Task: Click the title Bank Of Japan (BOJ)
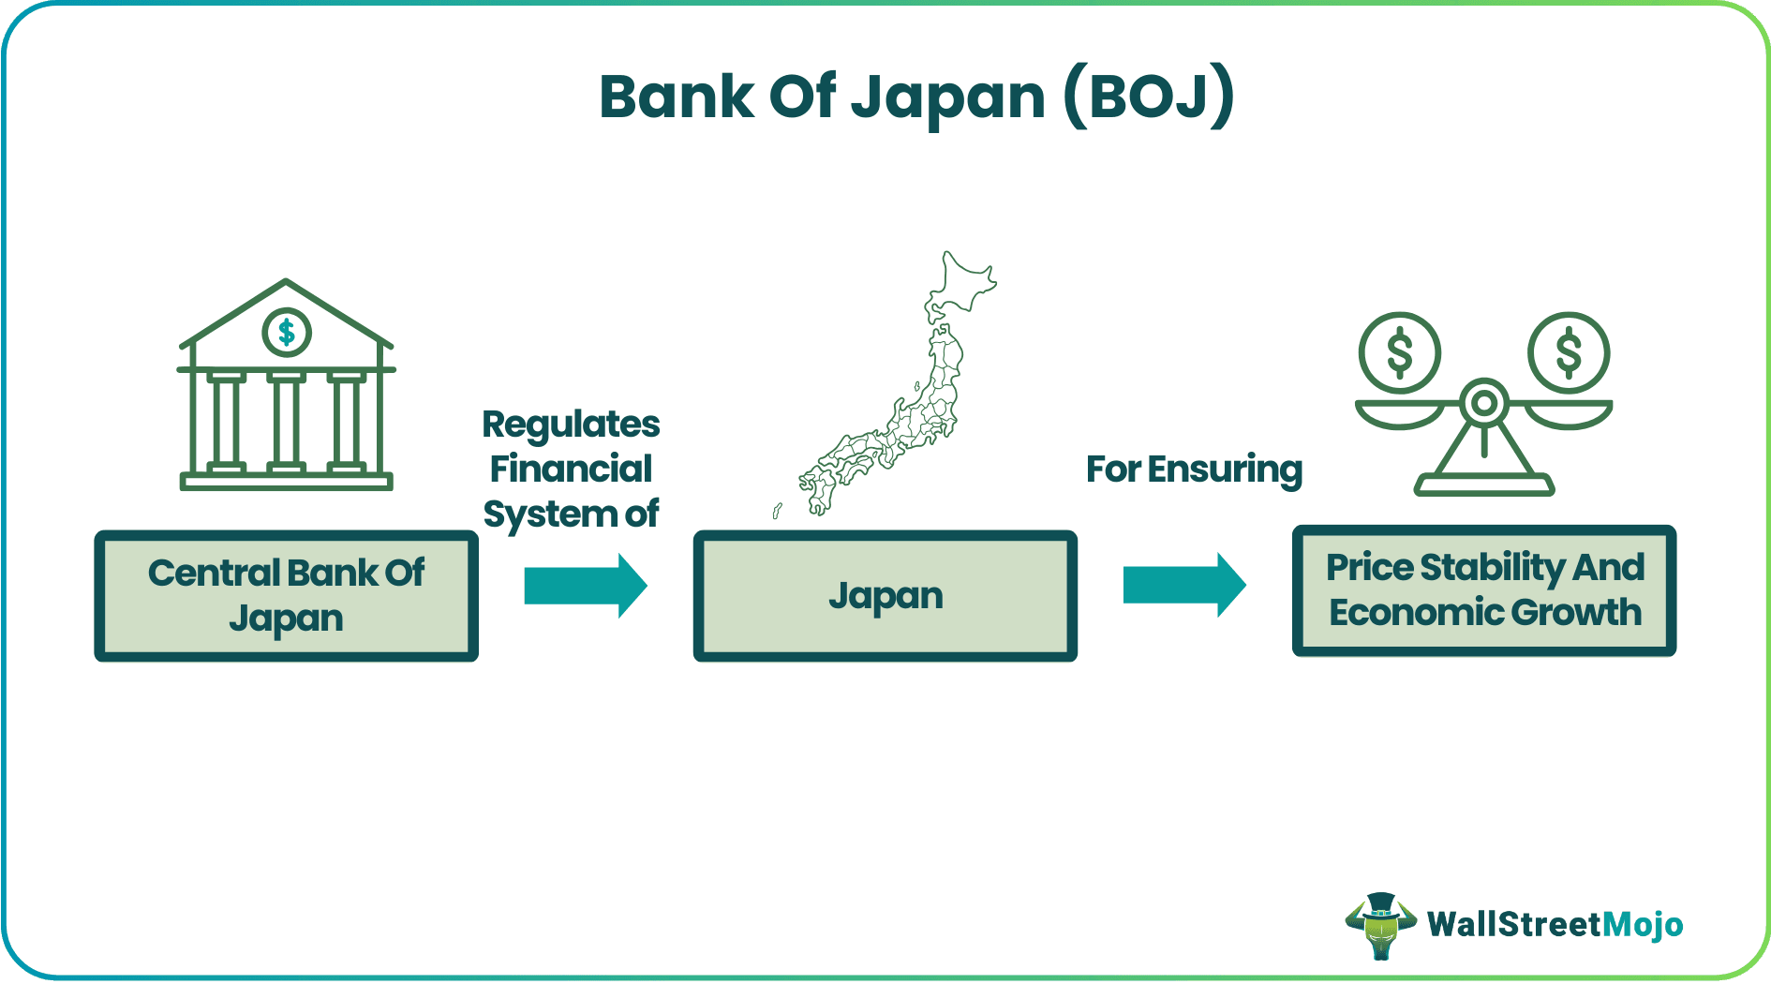click(915, 97)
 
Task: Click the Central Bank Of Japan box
click(286, 596)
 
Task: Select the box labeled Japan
click(885, 596)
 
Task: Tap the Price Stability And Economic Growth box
click(1483, 590)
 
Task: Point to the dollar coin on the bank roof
click(287, 332)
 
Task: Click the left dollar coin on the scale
click(1399, 353)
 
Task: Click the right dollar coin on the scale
click(1569, 353)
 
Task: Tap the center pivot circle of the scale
click(1483, 404)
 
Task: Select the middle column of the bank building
click(286, 421)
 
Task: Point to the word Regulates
click(571, 425)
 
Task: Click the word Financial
click(571, 469)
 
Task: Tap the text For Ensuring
click(1194, 469)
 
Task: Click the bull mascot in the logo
click(1379, 926)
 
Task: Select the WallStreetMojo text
click(1555, 925)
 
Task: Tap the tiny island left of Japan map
click(777, 511)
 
